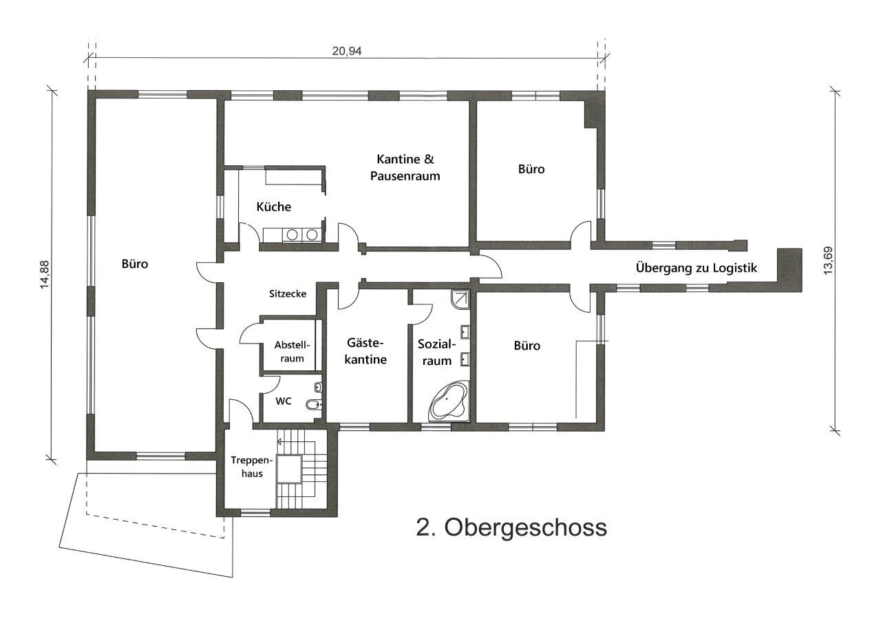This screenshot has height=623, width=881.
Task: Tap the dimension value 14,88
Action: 45,275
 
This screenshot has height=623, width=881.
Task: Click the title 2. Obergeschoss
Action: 511,527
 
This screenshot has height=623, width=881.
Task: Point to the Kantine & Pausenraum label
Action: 405,167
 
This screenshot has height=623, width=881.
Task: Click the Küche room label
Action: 273,207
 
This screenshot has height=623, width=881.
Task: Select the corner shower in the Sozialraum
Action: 460,297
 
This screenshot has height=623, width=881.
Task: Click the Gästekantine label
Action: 366,350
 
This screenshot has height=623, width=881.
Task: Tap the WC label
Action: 284,400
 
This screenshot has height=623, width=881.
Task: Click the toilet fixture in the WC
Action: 312,405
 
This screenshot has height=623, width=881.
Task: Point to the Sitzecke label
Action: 287,293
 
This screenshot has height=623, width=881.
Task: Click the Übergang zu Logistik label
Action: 697,268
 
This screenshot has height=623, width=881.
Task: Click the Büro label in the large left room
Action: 135,264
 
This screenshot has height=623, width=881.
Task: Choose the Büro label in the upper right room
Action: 531,169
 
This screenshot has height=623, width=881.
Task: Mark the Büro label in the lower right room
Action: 527,346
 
